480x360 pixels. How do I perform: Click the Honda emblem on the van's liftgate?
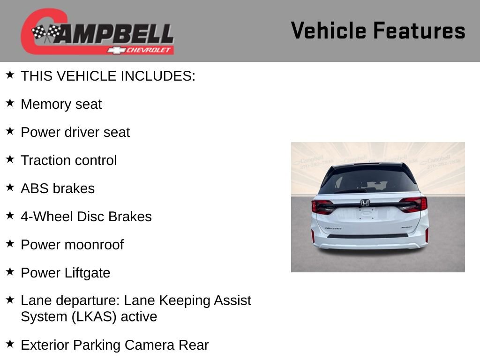[365, 203]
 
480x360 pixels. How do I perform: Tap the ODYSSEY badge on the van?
[333, 228]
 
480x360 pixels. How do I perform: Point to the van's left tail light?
[323, 207]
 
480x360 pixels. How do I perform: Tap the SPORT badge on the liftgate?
[406, 228]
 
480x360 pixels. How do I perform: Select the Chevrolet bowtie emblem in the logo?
[115, 50]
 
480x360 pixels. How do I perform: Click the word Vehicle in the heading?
[329, 30]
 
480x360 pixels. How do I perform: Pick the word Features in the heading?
[419, 30]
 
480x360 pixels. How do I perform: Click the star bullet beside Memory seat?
[10, 103]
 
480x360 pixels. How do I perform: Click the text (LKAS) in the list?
[94, 316]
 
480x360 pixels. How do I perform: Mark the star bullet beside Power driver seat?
[10, 131]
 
